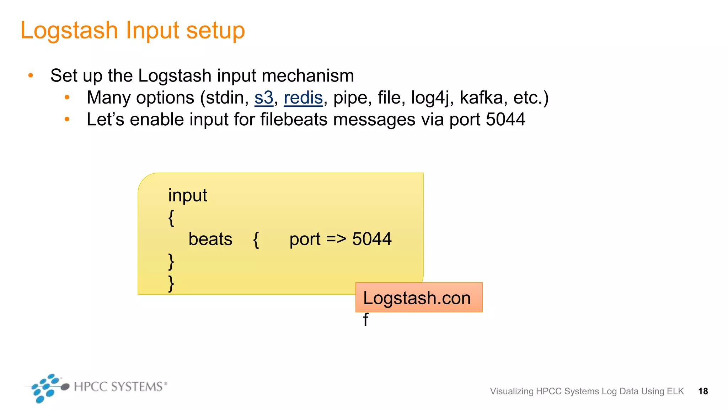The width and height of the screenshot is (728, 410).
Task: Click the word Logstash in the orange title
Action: (x=69, y=31)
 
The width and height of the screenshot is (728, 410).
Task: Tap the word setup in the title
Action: (x=215, y=31)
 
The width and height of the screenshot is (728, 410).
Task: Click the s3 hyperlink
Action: (x=264, y=98)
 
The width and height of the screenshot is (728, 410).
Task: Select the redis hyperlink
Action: (x=303, y=98)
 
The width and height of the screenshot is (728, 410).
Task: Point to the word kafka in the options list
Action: (x=481, y=98)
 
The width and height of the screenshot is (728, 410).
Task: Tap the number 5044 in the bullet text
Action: (x=505, y=119)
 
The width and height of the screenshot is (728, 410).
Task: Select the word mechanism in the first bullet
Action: (x=308, y=76)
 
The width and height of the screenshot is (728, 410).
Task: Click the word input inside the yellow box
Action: (x=187, y=196)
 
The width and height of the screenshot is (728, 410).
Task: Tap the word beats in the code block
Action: (x=210, y=239)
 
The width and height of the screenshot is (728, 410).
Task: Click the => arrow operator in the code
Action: (x=336, y=239)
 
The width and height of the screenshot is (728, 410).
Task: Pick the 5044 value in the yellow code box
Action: (x=372, y=239)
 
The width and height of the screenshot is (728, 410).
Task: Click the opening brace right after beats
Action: (x=256, y=240)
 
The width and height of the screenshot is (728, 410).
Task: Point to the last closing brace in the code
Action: (x=171, y=283)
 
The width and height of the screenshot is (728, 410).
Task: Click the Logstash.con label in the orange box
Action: (x=417, y=298)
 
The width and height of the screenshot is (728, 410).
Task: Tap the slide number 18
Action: (x=703, y=391)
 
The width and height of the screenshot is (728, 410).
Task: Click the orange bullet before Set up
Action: (x=31, y=75)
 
